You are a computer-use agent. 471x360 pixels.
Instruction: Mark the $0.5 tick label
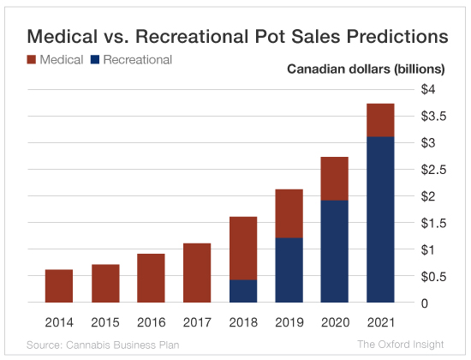coord(433,276)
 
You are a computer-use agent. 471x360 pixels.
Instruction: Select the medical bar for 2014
coord(59,286)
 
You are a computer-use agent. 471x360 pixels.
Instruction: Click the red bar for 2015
coord(105,284)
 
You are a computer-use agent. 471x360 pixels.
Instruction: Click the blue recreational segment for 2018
coord(244,291)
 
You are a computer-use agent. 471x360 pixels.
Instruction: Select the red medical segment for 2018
coord(244,249)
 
